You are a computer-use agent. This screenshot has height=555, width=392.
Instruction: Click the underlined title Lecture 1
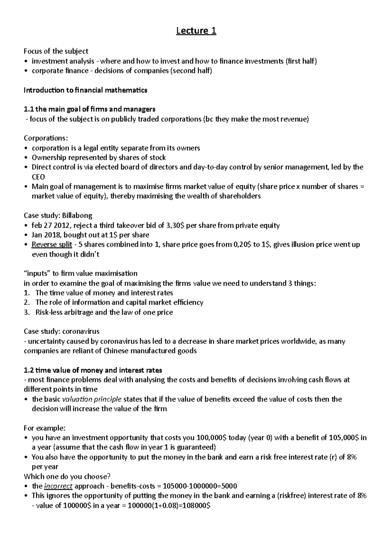point(196,31)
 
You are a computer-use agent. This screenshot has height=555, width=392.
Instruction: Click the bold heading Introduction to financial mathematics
point(85,90)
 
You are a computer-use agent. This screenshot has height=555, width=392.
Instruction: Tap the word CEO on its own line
point(38,177)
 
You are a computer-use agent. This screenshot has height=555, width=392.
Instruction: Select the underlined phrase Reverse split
point(52,244)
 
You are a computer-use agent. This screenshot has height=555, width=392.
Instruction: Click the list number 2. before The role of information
point(27,302)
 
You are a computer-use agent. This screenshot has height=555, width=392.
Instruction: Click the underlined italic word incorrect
point(58,486)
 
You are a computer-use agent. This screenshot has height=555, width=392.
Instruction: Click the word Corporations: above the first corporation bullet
point(46,138)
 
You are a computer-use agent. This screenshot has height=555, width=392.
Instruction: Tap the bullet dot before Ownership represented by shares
point(26,158)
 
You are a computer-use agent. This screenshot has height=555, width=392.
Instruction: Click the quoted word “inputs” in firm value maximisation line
point(36,273)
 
